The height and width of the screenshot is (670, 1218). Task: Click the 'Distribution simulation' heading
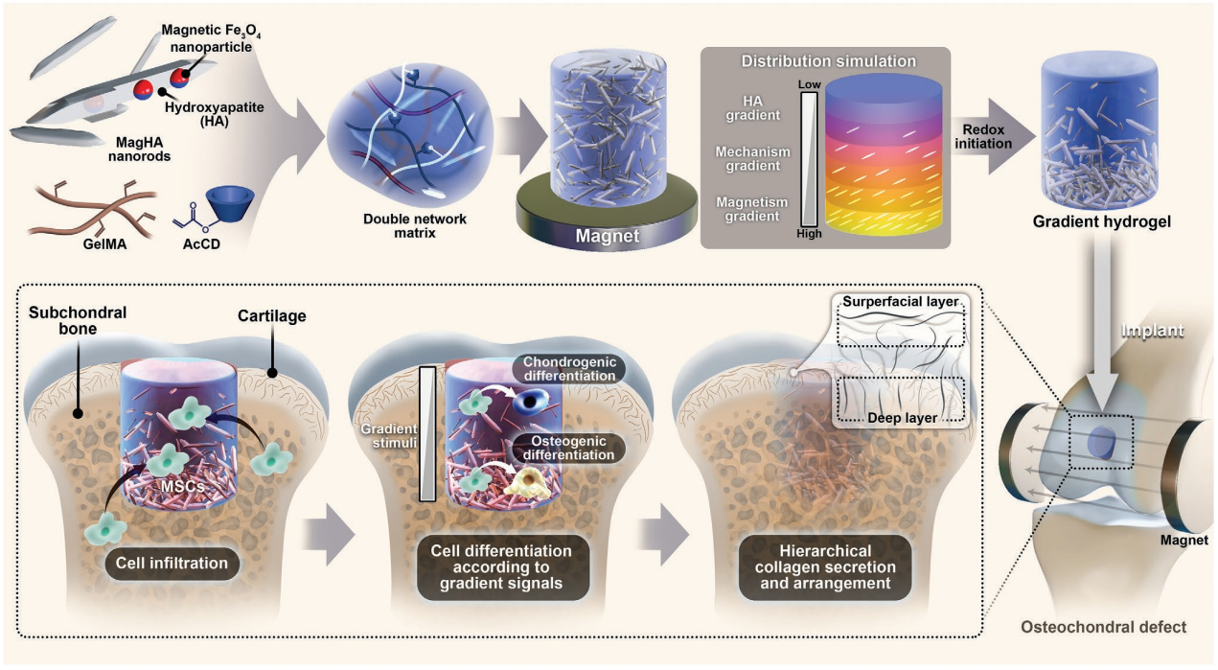point(828,61)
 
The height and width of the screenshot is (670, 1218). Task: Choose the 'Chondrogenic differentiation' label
point(564,369)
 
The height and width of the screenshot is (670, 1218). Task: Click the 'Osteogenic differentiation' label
point(564,447)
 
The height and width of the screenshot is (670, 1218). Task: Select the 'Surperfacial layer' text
point(901,303)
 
